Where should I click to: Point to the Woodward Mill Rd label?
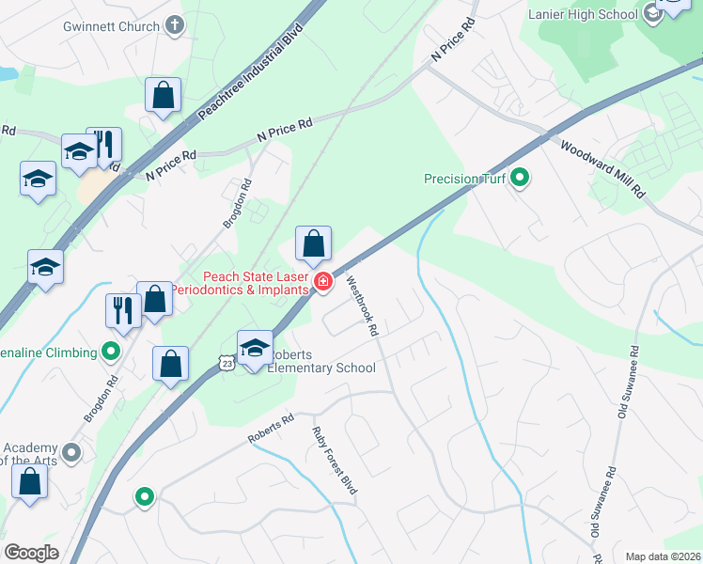(x=602, y=168)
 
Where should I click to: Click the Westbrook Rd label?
(x=361, y=305)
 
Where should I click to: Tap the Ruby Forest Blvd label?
(x=335, y=460)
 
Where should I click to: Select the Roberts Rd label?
(x=271, y=431)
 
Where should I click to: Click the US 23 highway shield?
(x=225, y=362)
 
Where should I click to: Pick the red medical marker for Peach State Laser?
(x=323, y=281)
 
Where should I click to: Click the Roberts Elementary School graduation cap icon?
(x=255, y=347)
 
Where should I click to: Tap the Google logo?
(x=31, y=553)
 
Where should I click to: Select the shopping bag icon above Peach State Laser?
(x=314, y=243)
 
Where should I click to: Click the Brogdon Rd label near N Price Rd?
(x=238, y=204)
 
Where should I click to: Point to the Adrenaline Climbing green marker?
(x=112, y=352)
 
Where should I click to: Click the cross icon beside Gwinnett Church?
(x=174, y=27)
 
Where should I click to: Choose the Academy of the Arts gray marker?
(x=72, y=453)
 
